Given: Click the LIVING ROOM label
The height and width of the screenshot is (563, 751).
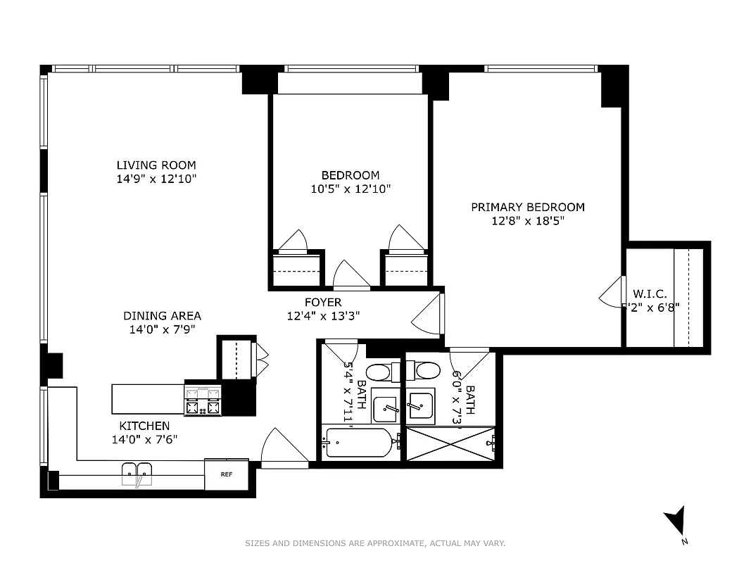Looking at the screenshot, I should tap(156, 165).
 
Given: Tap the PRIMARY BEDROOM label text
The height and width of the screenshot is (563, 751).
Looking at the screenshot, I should tap(527, 207).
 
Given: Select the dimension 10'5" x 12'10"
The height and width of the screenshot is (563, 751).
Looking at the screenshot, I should tap(351, 189).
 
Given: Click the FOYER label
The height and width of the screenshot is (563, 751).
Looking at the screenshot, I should tap(323, 303).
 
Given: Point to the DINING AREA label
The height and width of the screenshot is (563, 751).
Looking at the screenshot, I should tap(162, 316).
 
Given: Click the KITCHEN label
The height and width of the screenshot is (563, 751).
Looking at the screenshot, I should tap(144, 426).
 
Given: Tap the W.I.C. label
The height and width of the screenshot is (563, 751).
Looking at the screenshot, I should tap(650, 294).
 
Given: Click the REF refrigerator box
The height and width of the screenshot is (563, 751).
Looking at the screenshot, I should tap(227, 474).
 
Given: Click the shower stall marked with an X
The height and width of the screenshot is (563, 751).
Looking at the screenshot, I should tap(450, 443).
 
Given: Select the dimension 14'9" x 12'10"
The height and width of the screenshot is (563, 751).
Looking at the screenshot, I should tap(156, 179).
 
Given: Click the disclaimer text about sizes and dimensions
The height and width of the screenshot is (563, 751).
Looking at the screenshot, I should tap(375, 543).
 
